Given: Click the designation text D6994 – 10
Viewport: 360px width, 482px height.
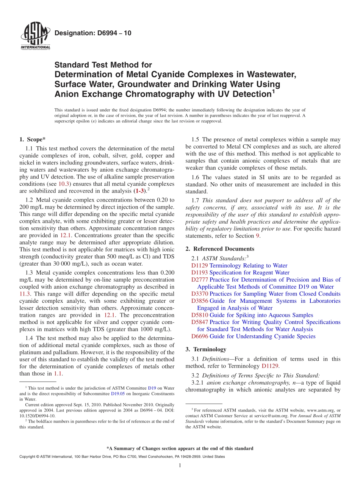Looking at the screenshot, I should point(93,33).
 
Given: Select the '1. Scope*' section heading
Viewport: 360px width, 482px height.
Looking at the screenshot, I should point(33,139).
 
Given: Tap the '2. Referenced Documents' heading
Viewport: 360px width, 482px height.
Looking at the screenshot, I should point(220,249).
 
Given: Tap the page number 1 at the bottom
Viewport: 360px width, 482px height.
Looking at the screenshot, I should point(180,465).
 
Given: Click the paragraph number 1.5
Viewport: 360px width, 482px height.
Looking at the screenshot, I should point(196,139).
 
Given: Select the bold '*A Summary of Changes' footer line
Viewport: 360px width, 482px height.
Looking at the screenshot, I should point(180,448).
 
